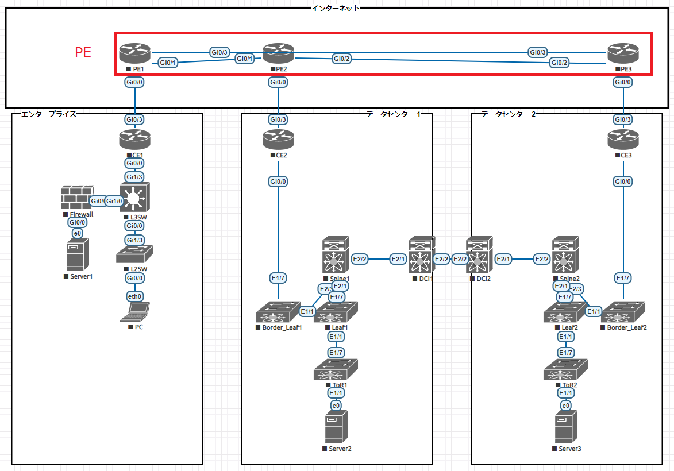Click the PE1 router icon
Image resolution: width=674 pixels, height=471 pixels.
(x=135, y=54)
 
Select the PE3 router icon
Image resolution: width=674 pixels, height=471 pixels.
(x=623, y=54)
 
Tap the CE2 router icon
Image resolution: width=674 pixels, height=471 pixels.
(x=279, y=140)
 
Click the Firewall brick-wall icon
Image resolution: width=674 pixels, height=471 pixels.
(x=77, y=198)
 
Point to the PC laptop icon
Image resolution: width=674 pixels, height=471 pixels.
(x=135, y=312)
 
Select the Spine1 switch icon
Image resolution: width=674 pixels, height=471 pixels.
(x=336, y=256)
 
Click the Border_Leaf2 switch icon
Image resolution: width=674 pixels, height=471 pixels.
(x=623, y=312)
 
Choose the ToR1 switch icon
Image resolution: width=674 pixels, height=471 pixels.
(x=336, y=370)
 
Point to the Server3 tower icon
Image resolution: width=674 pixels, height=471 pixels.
(x=566, y=427)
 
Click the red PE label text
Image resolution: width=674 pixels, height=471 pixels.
(x=83, y=53)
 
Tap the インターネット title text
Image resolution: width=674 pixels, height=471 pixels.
(x=336, y=8)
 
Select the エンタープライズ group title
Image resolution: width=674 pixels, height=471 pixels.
(x=48, y=114)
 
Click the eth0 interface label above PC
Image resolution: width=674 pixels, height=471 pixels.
(x=135, y=296)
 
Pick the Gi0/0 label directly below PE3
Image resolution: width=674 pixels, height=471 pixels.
(x=623, y=82)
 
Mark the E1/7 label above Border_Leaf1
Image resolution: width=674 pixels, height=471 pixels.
(x=279, y=279)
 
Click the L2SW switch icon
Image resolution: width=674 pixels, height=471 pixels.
(x=135, y=255)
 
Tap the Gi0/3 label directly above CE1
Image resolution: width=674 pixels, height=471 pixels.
(x=135, y=120)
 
